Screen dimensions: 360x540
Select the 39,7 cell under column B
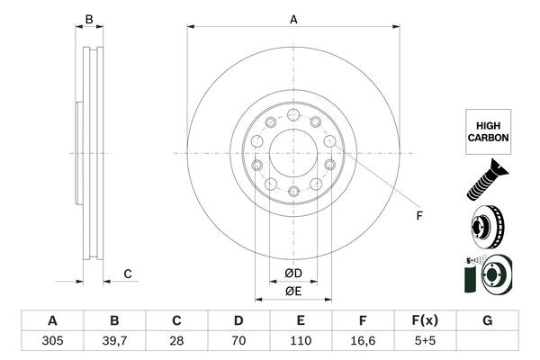coord(114,342)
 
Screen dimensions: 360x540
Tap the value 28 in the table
coord(176,342)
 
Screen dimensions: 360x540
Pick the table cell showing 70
coord(238,342)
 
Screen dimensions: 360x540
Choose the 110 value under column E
coord(301,342)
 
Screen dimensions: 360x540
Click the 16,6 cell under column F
coord(363,342)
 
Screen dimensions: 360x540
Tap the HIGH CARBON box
coord(488,131)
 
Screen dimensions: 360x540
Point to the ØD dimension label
coord(293,273)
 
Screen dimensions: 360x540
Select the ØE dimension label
coord(293,291)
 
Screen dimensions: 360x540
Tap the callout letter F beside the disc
coord(418,215)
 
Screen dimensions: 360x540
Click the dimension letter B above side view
coord(88,19)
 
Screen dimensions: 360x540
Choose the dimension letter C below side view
coord(128,274)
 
